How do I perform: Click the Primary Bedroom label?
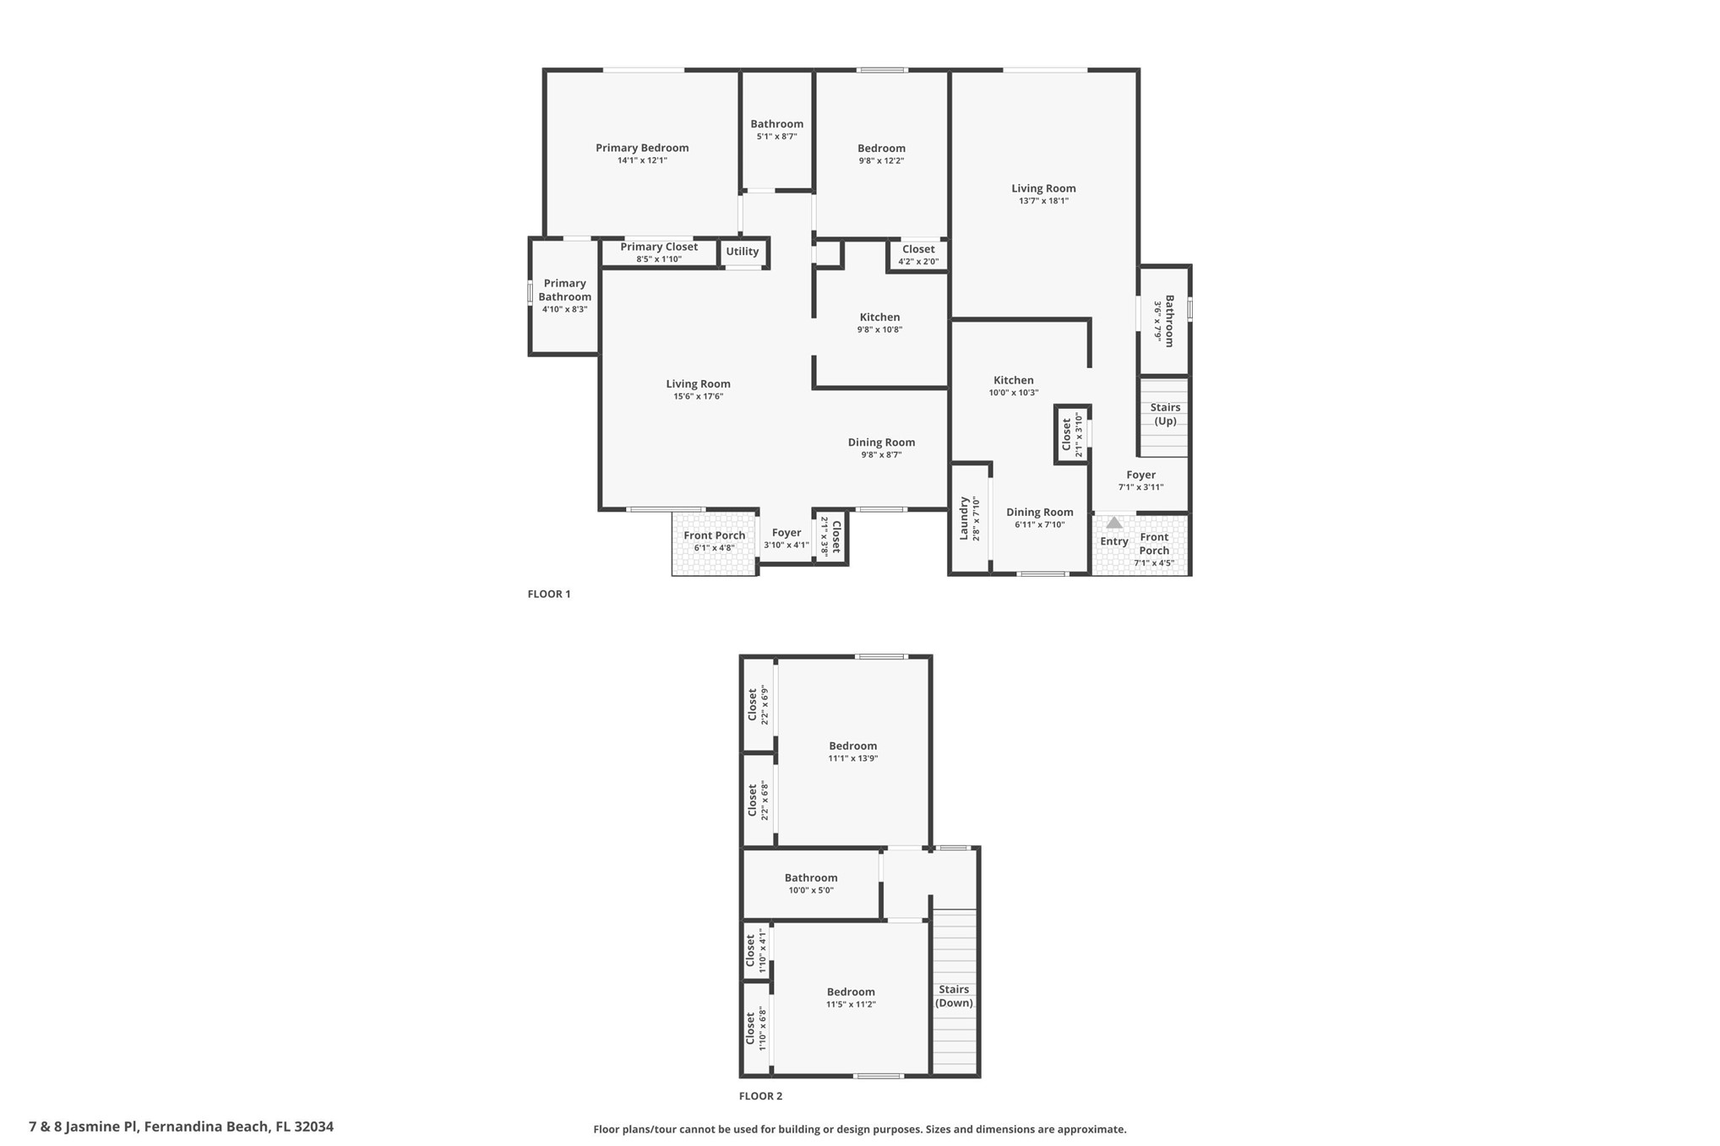point(642,148)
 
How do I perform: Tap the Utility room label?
point(742,252)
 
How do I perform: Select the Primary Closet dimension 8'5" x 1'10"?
point(659,259)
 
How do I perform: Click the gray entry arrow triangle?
point(1114,523)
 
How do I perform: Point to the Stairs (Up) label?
point(1165,414)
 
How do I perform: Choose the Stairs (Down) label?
point(954,996)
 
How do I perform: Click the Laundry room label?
point(963,519)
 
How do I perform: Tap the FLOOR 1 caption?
point(549,594)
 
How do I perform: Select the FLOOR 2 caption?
point(760,1096)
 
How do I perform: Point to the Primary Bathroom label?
point(564,290)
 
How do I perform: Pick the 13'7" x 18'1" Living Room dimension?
point(1043,201)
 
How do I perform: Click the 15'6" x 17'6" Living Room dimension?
point(698,396)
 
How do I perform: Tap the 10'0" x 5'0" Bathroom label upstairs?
point(811,878)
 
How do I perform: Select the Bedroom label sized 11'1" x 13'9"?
point(852,746)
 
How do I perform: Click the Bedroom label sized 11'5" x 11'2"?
point(851,992)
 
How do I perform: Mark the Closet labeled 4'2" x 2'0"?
point(918,249)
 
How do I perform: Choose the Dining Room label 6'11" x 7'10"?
point(1039,513)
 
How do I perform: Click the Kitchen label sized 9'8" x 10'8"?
point(879,318)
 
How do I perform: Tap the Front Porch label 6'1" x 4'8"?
point(715,535)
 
